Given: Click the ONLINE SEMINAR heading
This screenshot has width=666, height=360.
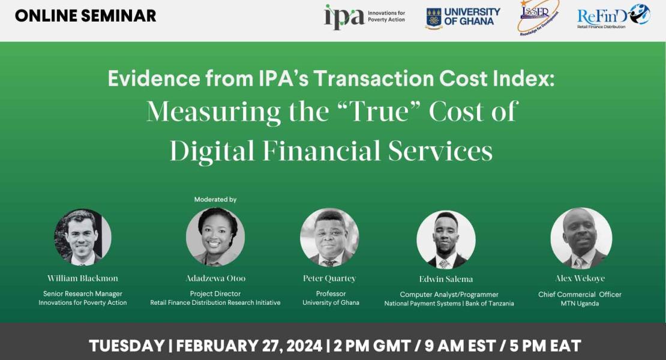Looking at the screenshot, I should coord(85,16).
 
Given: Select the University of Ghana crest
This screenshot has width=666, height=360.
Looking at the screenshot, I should coord(434,18).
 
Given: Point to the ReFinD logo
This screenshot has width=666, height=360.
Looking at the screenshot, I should coord(613,16).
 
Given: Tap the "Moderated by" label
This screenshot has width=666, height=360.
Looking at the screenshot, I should coord(215,199).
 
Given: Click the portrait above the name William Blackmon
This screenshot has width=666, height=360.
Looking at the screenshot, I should coord(83,237).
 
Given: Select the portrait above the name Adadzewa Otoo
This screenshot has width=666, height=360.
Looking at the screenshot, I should coord(215,237).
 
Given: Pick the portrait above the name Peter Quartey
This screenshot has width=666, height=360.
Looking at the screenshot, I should coord(329,237).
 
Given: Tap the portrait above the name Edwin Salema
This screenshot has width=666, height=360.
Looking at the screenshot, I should coord(446,239).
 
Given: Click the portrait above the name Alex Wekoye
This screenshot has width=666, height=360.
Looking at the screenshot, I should coord(581,238).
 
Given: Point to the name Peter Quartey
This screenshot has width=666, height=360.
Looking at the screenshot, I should coord(329,278).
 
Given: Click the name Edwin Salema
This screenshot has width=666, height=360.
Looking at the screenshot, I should coord(446,279).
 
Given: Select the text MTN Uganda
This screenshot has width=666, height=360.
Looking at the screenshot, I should coord(580,304).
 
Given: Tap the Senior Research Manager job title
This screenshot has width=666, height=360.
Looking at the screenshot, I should coord(83,294).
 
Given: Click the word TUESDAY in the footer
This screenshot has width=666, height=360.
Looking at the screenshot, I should coord(127,346).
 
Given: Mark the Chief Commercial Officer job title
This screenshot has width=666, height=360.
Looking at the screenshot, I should coord(580,295).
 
